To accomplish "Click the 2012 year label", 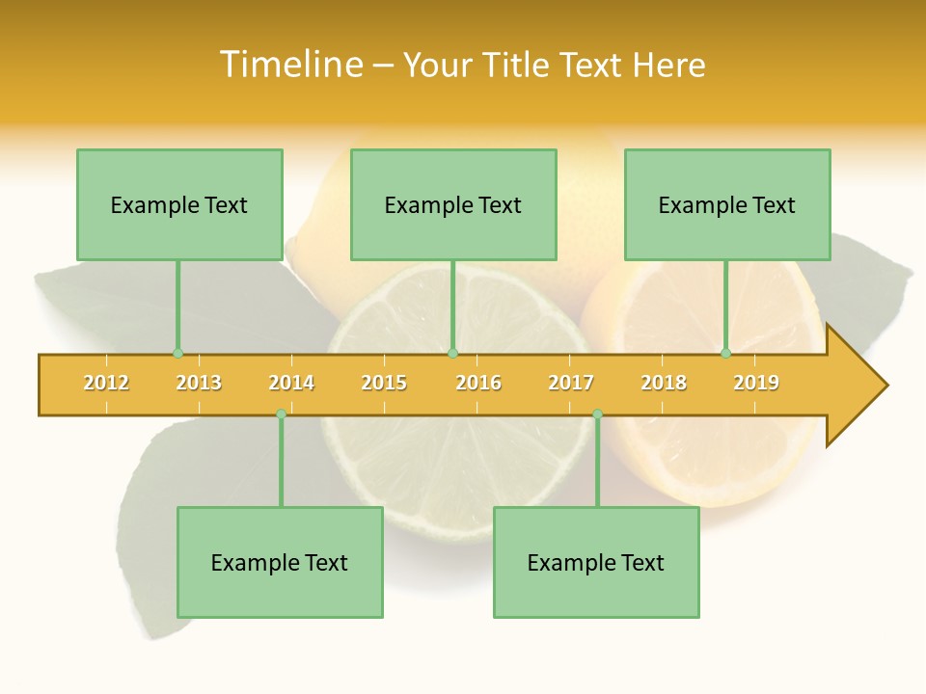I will click(x=106, y=383).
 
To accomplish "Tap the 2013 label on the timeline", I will click(x=199, y=383).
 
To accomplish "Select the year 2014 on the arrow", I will click(x=291, y=383).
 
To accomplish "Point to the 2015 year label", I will click(x=384, y=383).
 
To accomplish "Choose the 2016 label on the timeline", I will click(x=478, y=383).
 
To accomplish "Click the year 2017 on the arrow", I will click(x=571, y=383).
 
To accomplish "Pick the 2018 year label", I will click(x=664, y=383).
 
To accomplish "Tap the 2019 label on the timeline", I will click(x=756, y=383).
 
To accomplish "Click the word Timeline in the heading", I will click(x=289, y=65).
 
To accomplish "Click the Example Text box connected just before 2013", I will click(x=179, y=204).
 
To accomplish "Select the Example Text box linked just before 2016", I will click(x=453, y=204).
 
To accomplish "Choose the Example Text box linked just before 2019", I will click(x=727, y=204).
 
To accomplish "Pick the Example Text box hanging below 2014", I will click(x=280, y=562).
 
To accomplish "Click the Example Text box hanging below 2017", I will click(x=596, y=562).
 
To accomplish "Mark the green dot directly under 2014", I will click(x=281, y=414).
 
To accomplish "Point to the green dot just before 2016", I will click(x=452, y=354).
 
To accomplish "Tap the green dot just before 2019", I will click(x=725, y=354).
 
